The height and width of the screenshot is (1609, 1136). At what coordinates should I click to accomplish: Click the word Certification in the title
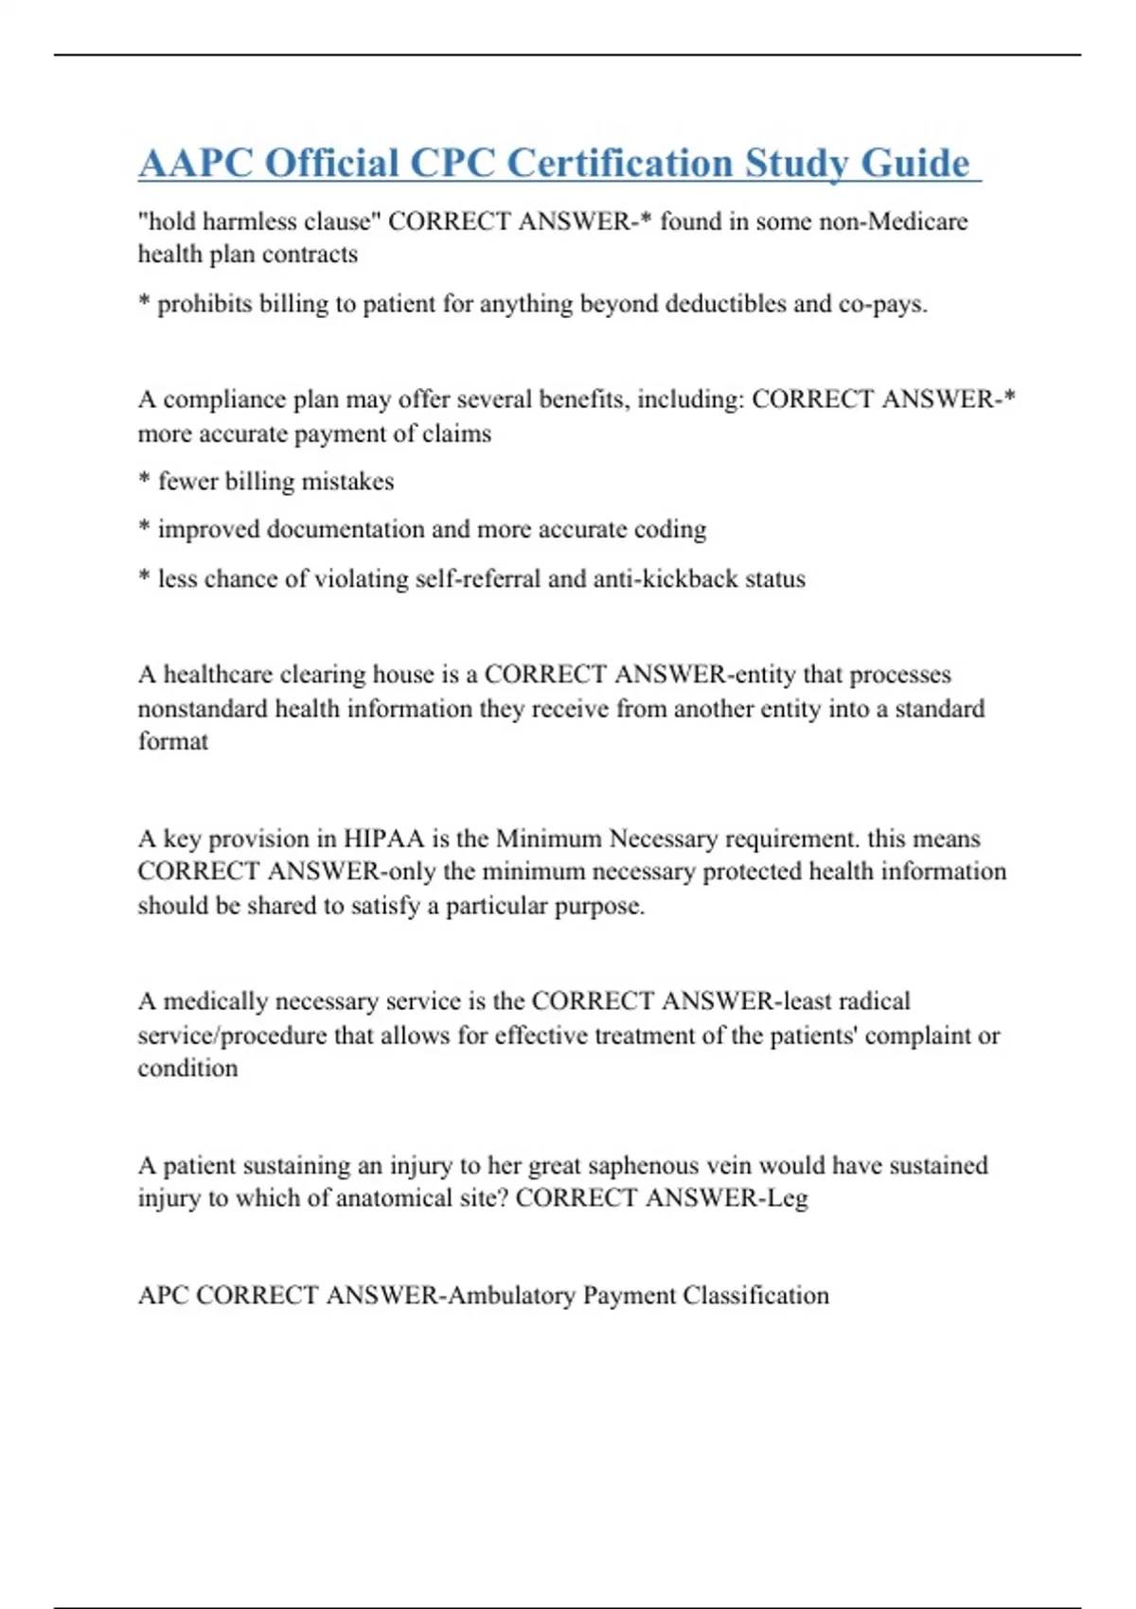620,163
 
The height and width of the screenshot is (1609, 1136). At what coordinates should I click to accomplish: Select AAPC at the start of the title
195,163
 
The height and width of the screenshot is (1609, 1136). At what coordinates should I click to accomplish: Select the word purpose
598,906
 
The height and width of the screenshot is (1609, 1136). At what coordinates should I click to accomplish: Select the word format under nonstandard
172,741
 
